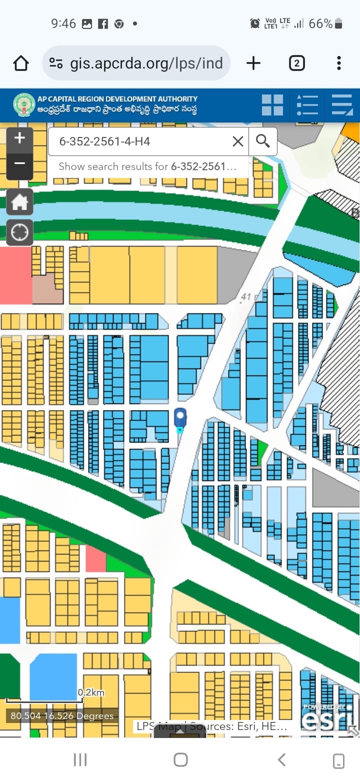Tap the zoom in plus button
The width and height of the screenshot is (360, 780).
(19, 138)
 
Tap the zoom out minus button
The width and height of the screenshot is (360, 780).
(19, 163)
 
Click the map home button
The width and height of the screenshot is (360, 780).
(19, 202)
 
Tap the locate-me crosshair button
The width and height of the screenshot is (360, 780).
(19, 232)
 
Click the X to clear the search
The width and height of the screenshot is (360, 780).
(238, 141)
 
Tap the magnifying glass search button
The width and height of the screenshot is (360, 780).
(263, 141)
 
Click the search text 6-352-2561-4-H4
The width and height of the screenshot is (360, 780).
(104, 141)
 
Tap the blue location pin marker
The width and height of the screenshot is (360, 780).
(180, 418)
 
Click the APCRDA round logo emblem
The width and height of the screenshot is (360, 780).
(24, 105)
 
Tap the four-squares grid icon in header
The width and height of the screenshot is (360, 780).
(272, 105)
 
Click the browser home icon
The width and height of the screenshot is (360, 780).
(21, 63)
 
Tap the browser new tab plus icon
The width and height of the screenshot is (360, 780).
(253, 63)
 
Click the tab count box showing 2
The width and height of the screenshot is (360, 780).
(296, 63)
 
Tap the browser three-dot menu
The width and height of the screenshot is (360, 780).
(339, 63)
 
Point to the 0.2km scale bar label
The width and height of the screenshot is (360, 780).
(91, 692)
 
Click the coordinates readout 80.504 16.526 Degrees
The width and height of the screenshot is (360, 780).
(62, 716)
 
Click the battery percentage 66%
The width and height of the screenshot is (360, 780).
(320, 23)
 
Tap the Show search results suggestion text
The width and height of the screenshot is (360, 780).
(147, 166)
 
